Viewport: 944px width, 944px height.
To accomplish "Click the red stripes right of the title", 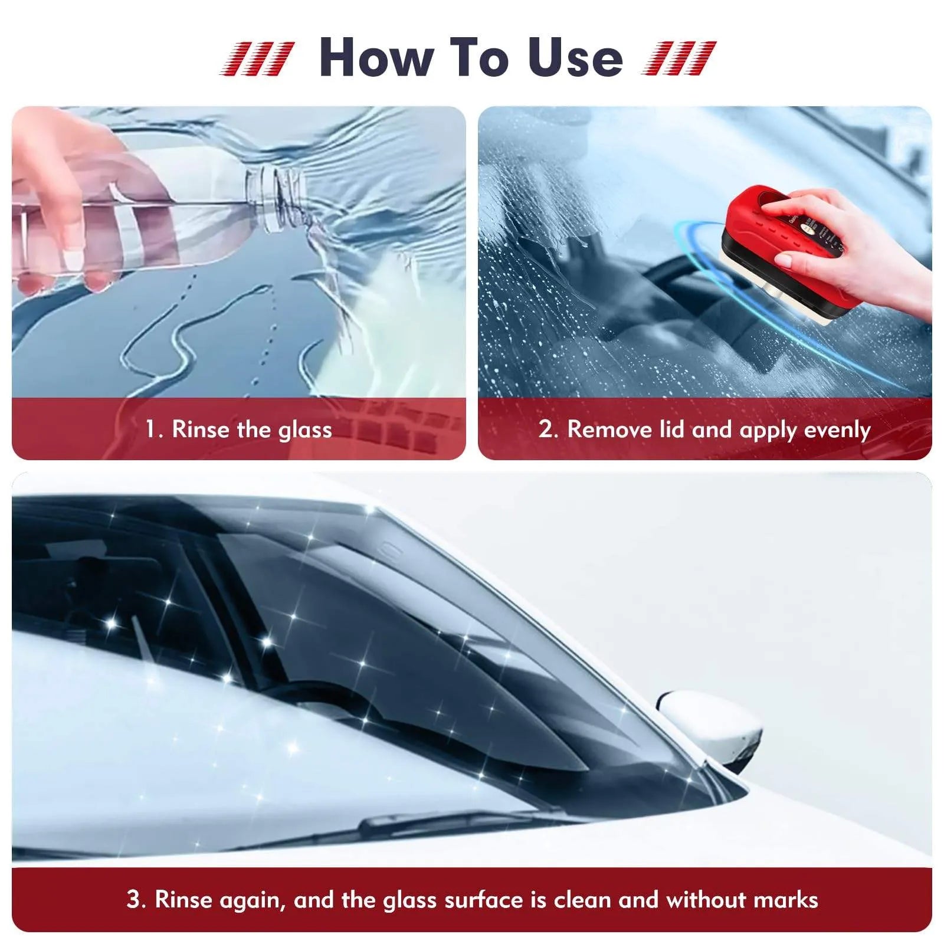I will pyautogui.click(x=678, y=58).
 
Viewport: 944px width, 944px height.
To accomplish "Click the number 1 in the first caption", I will pyautogui.click(x=151, y=429).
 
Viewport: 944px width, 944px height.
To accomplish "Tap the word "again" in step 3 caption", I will pyautogui.click(x=252, y=900).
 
